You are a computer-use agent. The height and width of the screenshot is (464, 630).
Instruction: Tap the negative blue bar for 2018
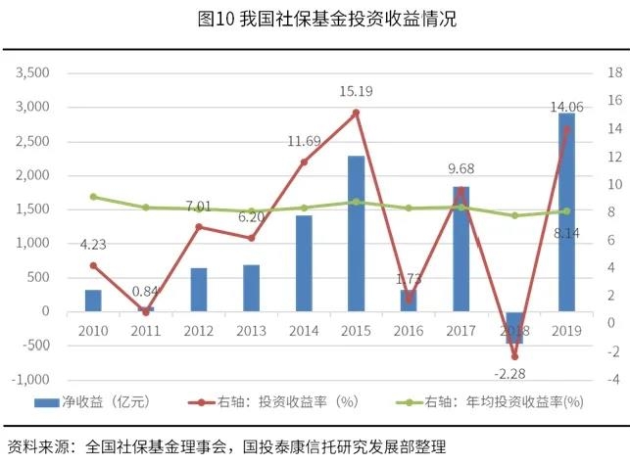click(x=514, y=327)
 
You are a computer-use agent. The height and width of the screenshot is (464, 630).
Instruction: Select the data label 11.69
click(x=304, y=142)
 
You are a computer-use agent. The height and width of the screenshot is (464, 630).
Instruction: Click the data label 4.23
click(x=93, y=246)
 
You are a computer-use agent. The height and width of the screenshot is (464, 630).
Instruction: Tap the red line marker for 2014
click(x=304, y=162)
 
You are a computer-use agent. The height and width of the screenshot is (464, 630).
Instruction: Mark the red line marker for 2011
click(x=146, y=311)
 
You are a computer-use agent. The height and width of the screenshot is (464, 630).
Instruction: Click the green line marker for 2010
click(x=93, y=197)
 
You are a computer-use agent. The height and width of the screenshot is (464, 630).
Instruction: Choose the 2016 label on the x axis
click(x=409, y=331)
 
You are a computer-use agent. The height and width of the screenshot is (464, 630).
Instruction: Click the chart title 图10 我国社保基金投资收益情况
click(x=314, y=19)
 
